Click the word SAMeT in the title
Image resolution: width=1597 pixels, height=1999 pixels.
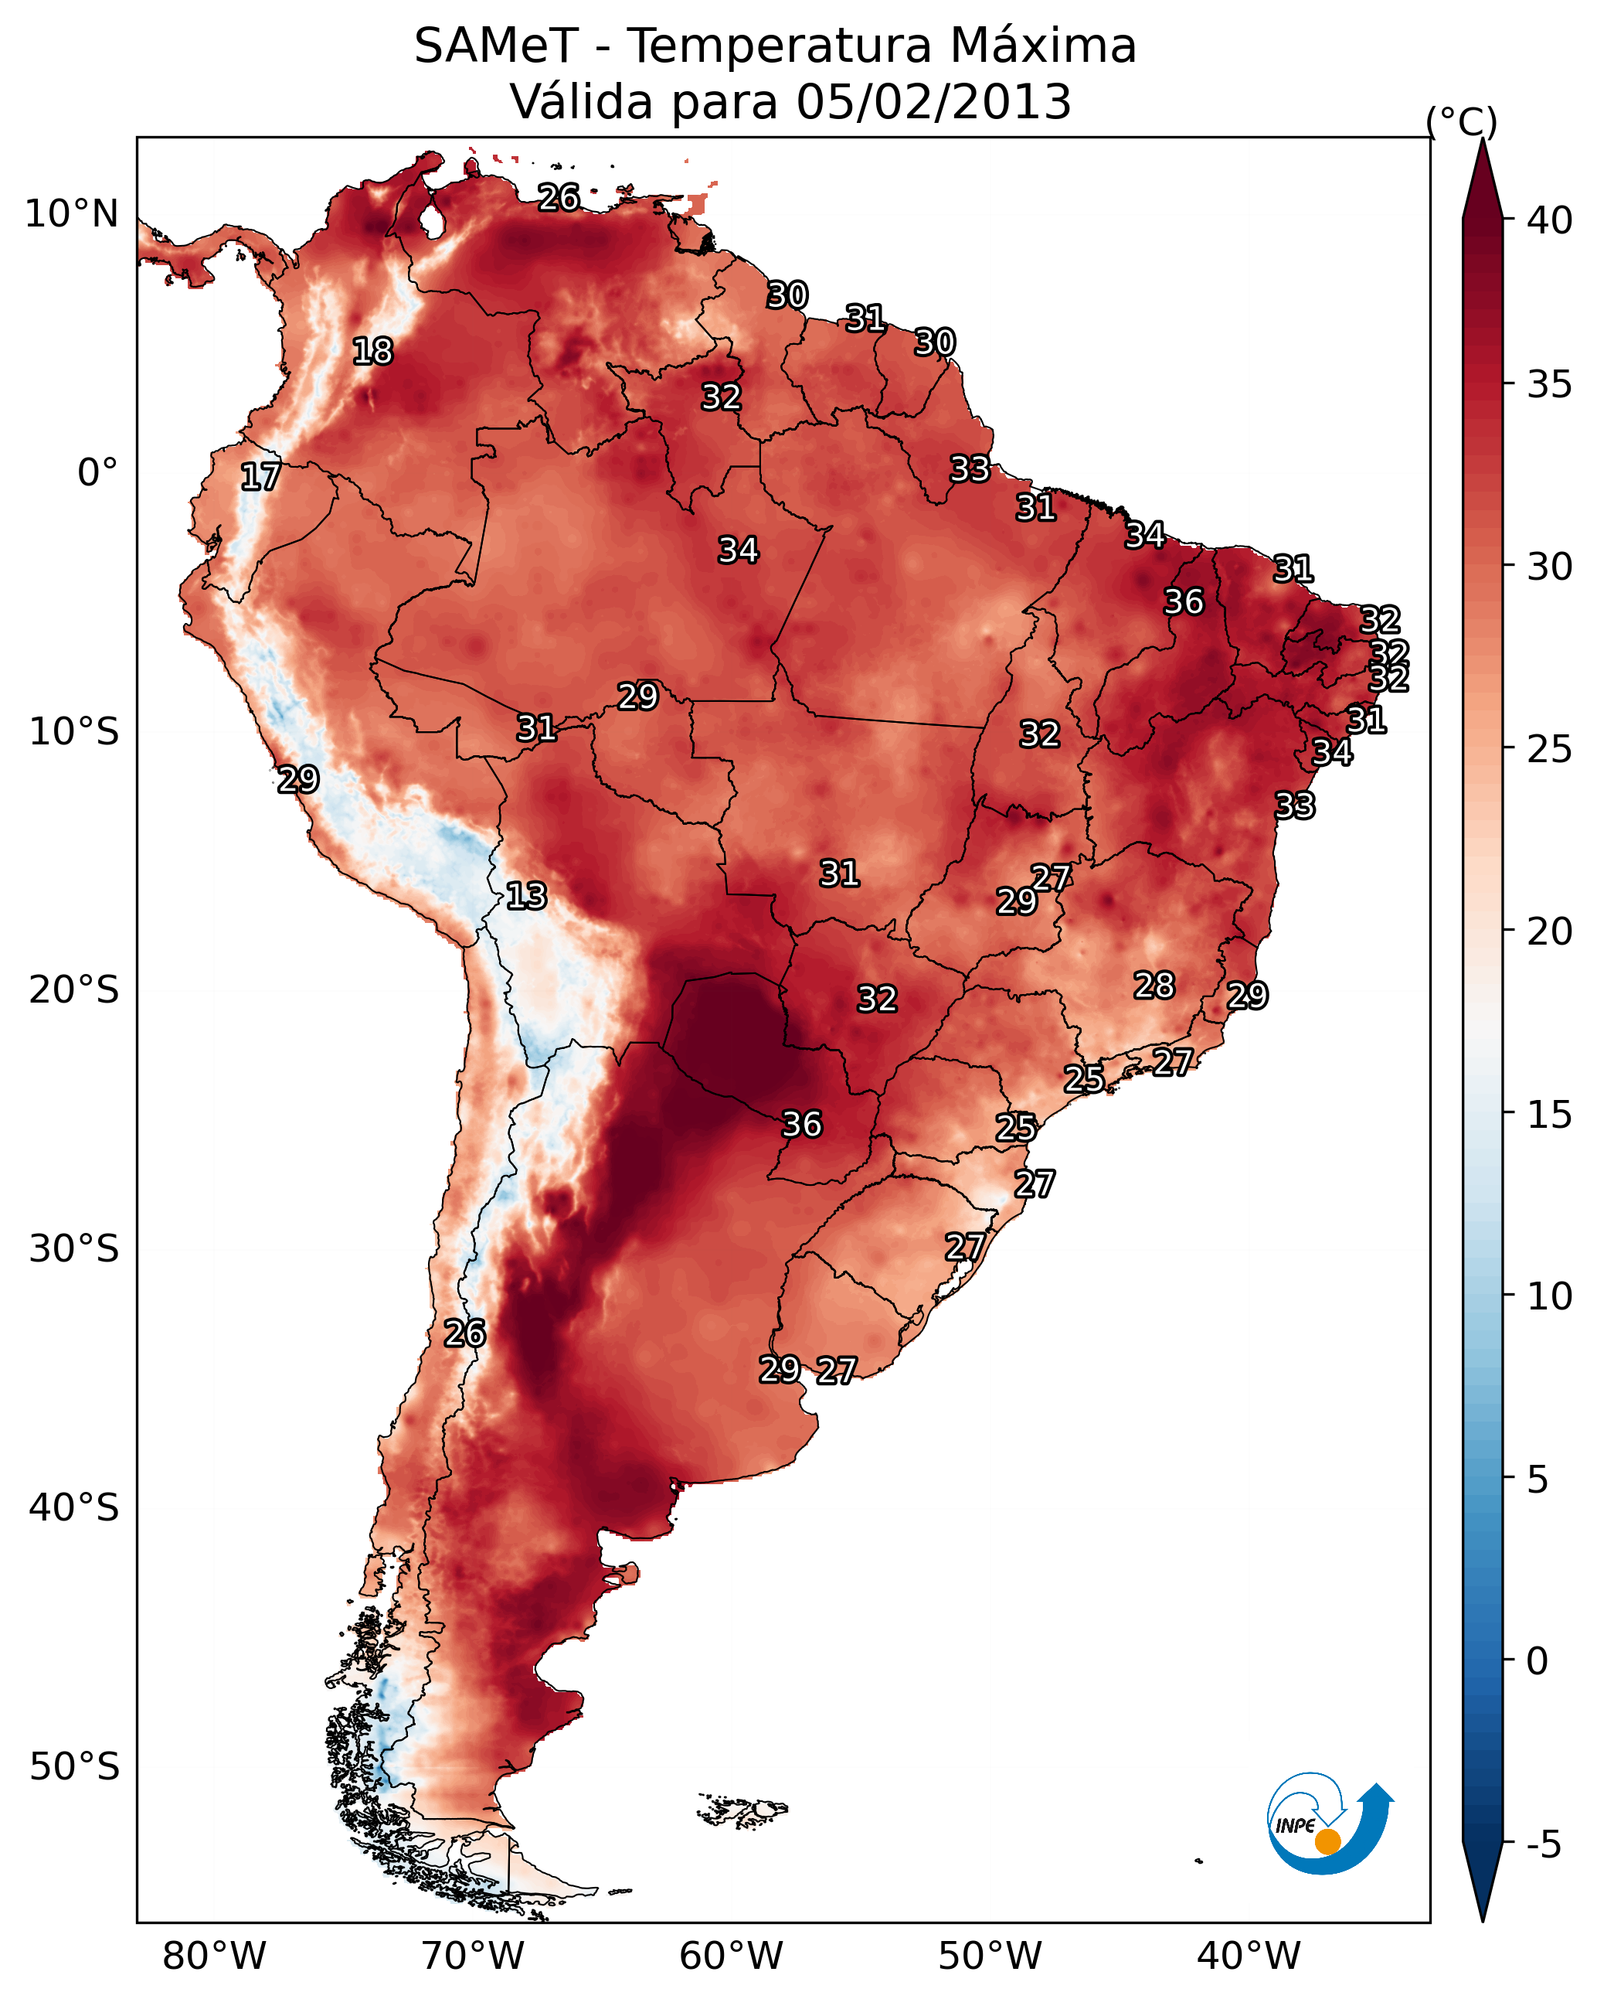[496, 46]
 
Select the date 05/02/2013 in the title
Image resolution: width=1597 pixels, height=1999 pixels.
[933, 102]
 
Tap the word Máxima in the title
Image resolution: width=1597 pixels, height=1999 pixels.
[1041, 46]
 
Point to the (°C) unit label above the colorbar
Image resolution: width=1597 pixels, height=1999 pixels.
[1461, 121]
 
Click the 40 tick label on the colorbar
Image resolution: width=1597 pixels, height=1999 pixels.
[1550, 220]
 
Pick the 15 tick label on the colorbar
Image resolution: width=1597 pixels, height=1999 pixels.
[1550, 1115]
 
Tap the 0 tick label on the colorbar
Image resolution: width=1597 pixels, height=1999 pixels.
[1537, 1660]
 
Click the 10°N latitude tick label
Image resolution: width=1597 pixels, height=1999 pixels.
[71, 214]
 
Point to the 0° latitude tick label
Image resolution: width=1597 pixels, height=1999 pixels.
[97, 473]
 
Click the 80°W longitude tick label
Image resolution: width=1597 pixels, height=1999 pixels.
[214, 1956]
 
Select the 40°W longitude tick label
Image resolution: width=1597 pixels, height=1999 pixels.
[1249, 1956]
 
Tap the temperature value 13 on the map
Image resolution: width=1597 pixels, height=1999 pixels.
[526, 896]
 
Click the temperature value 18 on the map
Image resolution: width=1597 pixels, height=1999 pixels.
[372, 352]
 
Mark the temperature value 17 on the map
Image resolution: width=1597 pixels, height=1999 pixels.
[260, 477]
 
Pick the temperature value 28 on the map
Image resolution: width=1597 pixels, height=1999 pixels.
[1154, 986]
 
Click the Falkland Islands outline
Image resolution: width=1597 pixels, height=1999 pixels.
[743, 1810]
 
